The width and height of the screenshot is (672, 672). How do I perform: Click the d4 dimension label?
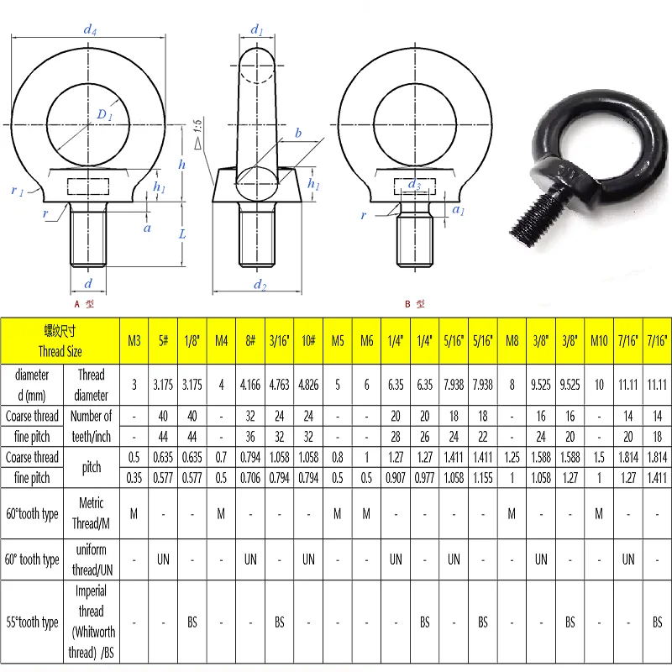tap(90, 29)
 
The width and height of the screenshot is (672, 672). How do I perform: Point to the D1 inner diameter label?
tap(104, 114)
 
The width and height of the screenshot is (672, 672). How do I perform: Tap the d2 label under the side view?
tap(260, 285)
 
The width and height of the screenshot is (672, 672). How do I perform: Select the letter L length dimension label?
tap(182, 234)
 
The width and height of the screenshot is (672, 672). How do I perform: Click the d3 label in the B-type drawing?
tap(414, 184)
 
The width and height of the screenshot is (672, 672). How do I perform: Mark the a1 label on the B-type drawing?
tap(459, 209)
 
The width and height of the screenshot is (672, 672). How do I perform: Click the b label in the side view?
tap(298, 133)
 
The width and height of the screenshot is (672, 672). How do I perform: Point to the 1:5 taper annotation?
tap(197, 134)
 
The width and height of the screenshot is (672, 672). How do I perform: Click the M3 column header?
tap(134, 341)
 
